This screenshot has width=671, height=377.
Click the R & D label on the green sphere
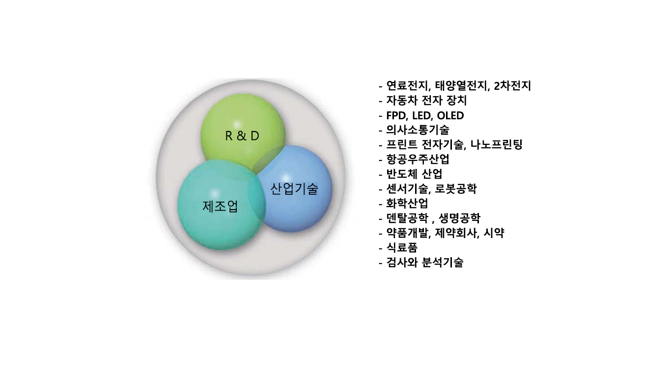coord(242,136)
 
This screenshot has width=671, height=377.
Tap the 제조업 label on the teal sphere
coord(220,206)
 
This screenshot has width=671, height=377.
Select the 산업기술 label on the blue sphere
coord(294,188)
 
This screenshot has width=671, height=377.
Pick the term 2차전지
coord(512,85)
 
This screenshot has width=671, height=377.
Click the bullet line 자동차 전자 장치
coord(426,100)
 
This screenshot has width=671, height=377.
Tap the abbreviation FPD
coord(395,115)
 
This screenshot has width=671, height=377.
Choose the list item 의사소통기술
coord(418,130)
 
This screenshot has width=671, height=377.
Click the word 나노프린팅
coord(496,144)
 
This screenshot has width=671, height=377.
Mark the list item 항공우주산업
coord(418,159)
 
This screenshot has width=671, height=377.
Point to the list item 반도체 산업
coord(414,174)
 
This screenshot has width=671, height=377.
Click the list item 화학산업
coord(407,203)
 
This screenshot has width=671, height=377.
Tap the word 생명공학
coord(459,218)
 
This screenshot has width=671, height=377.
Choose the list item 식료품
coord(402,247)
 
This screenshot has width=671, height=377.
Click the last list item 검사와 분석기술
coord(424,262)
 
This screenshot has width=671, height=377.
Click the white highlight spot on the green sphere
coord(237,124)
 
